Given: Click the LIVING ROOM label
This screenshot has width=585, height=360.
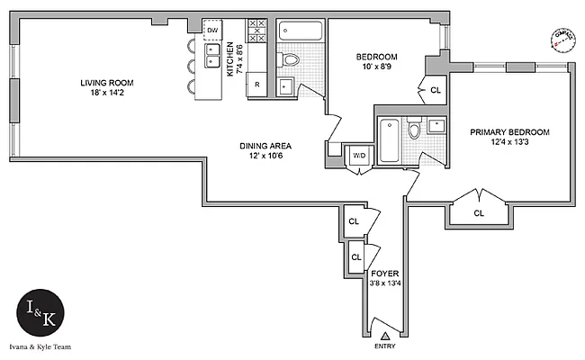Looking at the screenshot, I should coord(105,83).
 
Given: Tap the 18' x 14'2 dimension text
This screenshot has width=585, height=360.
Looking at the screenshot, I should coord(105,93).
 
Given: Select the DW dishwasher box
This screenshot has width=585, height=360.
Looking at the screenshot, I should coord(212,31).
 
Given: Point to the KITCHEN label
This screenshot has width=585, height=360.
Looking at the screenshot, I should coord(230,59).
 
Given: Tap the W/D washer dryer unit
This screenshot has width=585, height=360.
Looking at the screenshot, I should coord(359,155).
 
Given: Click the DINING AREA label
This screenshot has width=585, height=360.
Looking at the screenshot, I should coord(265,146).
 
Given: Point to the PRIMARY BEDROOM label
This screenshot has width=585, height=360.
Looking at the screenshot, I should coord(509,131).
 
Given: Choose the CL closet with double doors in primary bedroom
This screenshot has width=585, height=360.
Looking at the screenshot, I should coord(479,212).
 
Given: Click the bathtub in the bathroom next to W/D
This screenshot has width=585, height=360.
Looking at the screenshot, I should coord(389,141).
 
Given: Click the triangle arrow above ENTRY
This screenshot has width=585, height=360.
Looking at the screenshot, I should coord(383,334).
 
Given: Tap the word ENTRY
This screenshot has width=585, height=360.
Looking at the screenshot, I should coord(383,346).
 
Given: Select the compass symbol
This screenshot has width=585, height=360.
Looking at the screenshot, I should coord(562,39).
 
